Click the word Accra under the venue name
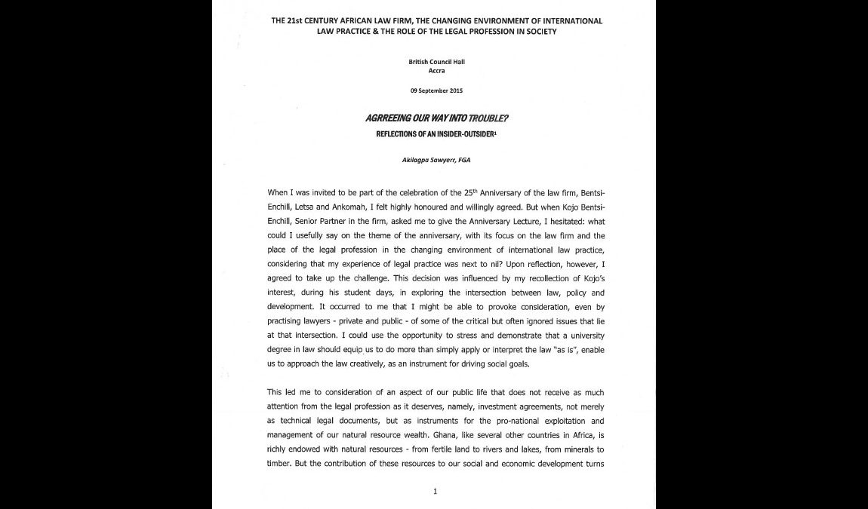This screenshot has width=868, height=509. (x=436, y=71)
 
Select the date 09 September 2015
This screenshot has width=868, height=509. (x=436, y=90)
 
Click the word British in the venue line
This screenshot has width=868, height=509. (x=419, y=62)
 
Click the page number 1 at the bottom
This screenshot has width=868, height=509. (x=435, y=492)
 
